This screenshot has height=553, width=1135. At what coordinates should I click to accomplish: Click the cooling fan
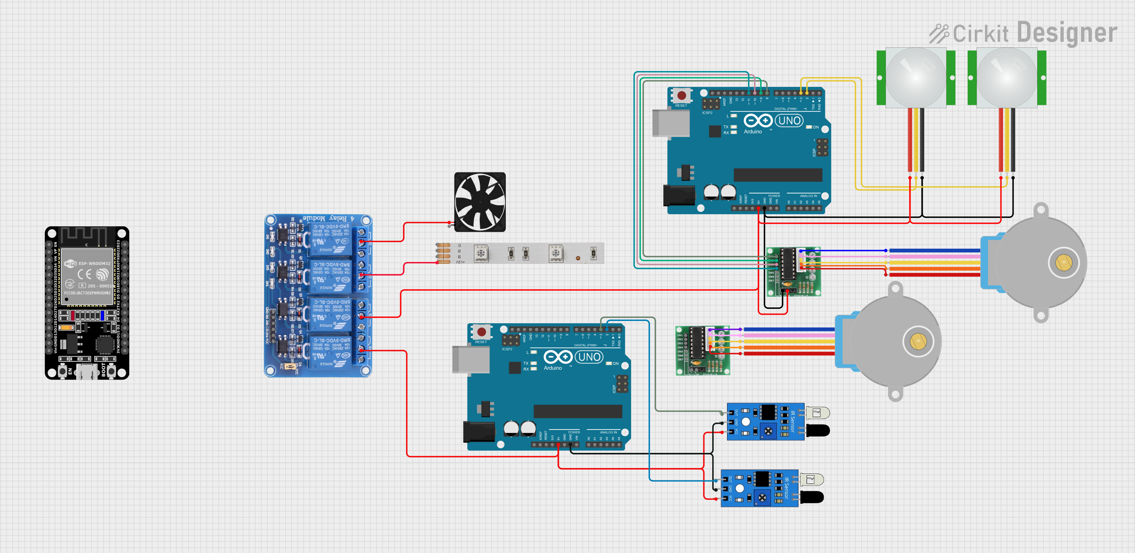coord(480,202)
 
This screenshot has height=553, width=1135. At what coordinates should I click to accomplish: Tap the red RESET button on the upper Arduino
coord(682,95)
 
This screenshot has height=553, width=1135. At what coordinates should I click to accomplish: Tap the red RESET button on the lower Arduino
coord(482,332)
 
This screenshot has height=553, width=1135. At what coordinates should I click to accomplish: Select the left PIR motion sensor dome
coord(916,77)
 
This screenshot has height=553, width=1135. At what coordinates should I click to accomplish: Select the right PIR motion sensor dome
coord(1007,77)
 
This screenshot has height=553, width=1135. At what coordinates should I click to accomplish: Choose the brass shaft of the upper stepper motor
coord(1064,263)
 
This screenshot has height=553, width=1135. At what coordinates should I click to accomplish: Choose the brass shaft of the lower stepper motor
coord(918,341)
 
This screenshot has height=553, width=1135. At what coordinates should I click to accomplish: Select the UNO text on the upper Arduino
coord(789,120)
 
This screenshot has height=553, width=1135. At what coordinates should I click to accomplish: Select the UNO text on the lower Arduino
coord(589,357)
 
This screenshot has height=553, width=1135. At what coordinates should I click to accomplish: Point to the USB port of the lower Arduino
coord(470,359)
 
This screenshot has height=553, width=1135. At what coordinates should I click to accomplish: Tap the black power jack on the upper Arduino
coord(679,196)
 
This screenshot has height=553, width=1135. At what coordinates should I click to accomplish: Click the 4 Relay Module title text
coord(328,218)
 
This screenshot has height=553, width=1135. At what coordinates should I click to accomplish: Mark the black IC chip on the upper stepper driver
coord(788,263)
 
